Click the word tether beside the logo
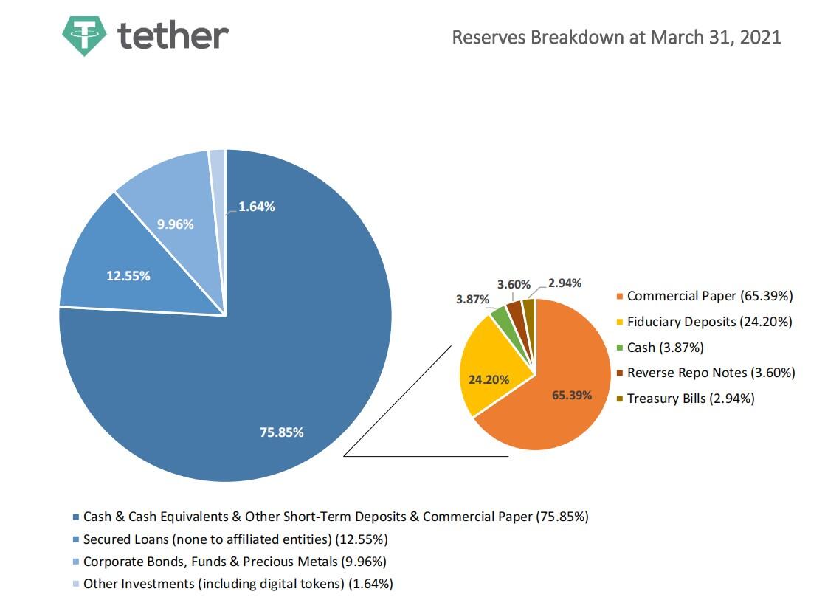click(173, 34)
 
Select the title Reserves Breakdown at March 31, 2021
click(616, 37)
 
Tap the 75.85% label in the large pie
click(281, 432)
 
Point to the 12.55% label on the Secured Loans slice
click(128, 275)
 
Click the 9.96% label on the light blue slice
click(176, 224)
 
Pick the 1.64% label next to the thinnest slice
click(257, 207)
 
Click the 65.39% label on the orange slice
click(572, 395)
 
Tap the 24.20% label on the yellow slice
click(489, 380)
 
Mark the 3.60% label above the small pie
click(514, 284)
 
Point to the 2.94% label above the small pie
click(565, 283)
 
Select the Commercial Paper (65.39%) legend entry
click(708, 296)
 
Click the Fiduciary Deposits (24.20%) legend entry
click(708, 322)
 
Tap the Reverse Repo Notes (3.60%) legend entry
click(710, 373)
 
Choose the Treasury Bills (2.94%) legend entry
click(690, 399)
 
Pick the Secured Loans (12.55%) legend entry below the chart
click(235, 539)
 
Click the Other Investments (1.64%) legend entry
click(237, 584)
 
